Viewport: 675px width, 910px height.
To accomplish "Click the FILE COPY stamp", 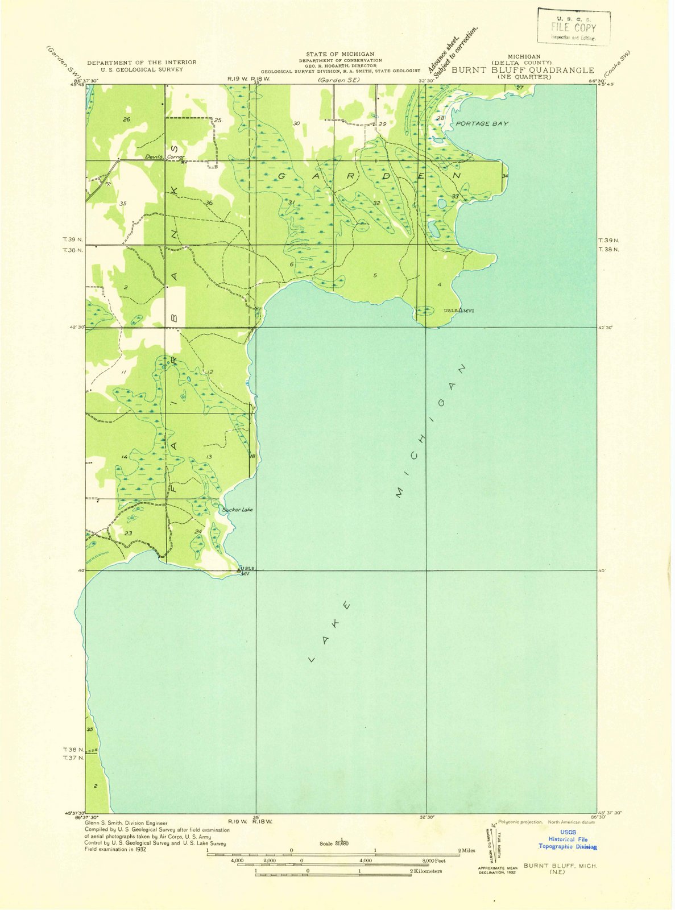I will (x=573, y=27).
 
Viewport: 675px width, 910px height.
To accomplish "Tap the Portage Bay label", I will (x=482, y=123).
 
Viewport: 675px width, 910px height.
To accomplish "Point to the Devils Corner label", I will (x=164, y=157).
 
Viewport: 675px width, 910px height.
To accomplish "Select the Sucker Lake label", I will (x=238, y=510).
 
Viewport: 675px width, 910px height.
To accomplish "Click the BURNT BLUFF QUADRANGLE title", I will (x=523, y=71).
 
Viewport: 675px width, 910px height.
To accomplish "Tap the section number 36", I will (x=209, y=203).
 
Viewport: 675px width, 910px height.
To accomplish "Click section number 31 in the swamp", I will (x=291, y=202).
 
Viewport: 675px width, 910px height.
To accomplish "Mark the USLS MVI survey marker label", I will (x=459, y=311).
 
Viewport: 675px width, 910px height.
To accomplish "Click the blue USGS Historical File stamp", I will (x=568, y=839).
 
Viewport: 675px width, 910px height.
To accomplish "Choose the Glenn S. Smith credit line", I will (x=126, y=823).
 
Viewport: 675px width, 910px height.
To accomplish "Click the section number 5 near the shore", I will (x=375, y=275).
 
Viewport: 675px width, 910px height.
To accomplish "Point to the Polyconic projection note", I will (x=521, y=822).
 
